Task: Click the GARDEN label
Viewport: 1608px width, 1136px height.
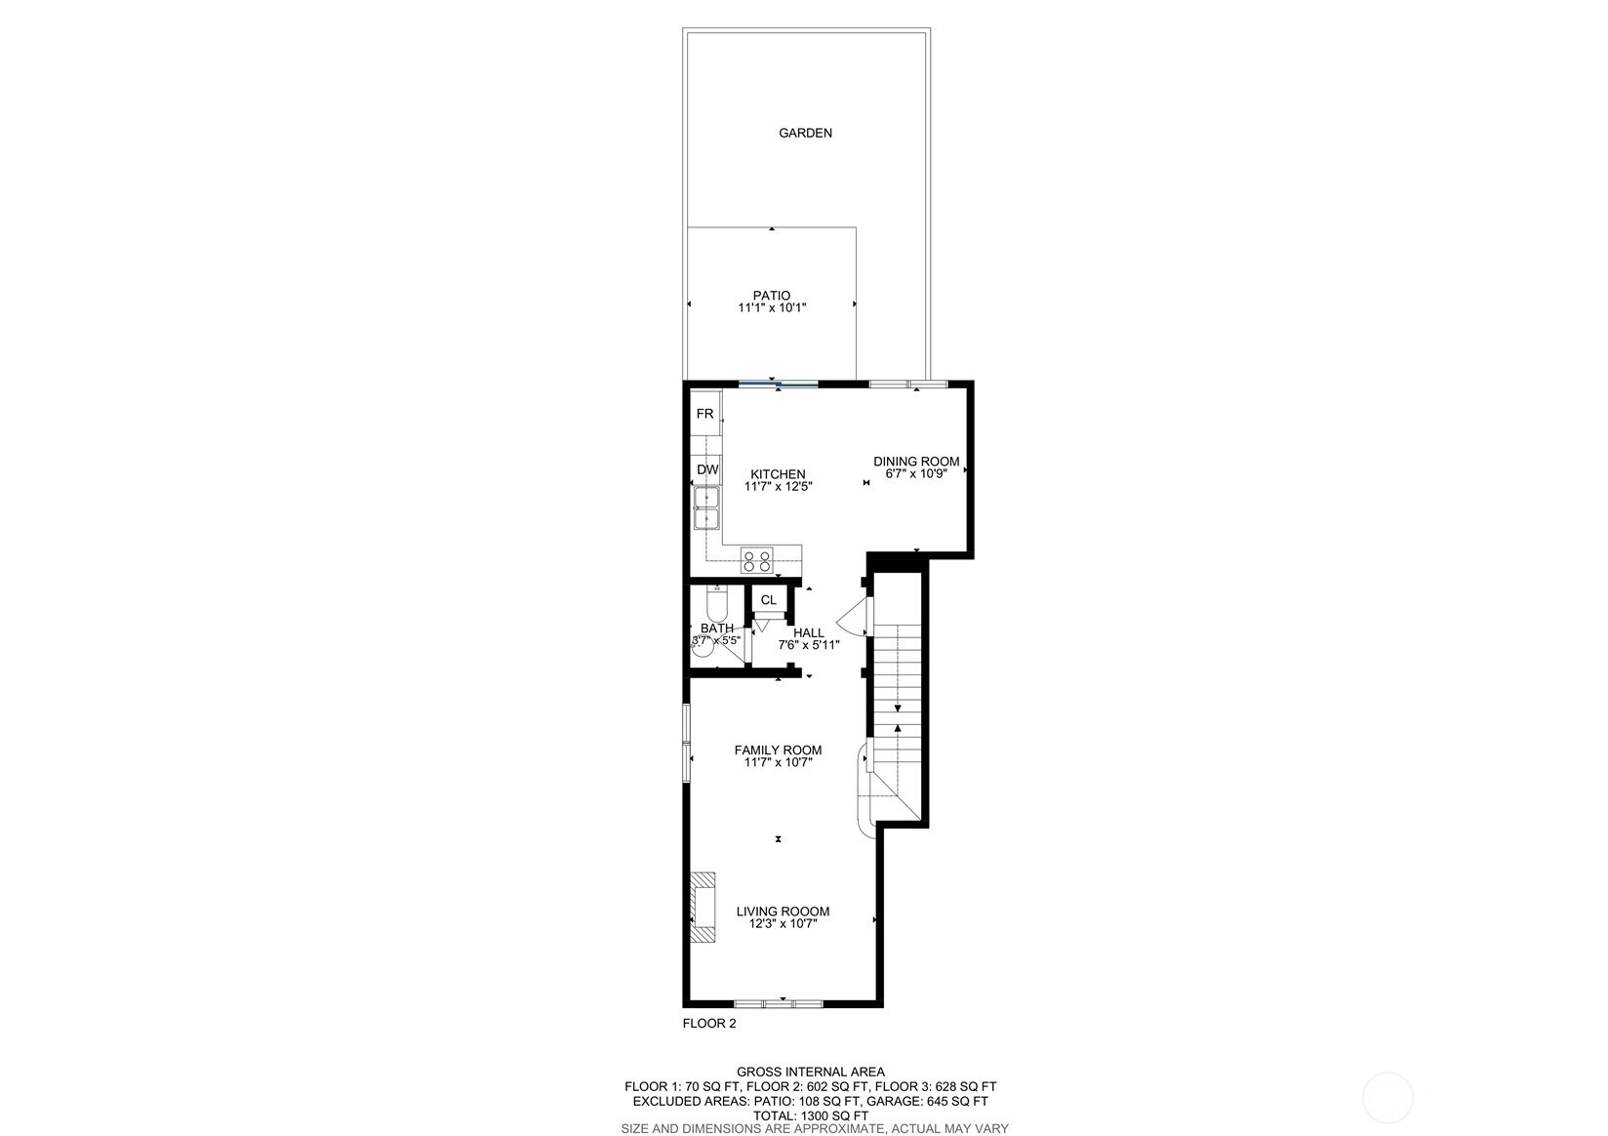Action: click(x=805, y=133)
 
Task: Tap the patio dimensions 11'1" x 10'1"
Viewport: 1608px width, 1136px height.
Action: click(x=772, y=308)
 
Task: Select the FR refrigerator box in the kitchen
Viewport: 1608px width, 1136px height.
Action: click(x=705, y=414)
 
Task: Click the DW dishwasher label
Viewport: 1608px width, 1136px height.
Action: click(x=707, y=470)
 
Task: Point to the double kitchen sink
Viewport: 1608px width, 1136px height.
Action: click(x=706, y=509)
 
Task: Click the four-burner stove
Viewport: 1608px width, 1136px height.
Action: click(x=756, y=560)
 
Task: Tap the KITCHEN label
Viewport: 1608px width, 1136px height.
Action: click(x=778, y=474)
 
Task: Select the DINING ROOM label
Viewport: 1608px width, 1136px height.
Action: click(x=916, y=462)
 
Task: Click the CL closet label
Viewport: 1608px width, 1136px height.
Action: click(x=769, y=600)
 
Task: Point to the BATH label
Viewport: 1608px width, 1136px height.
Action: click(x=717, y=629)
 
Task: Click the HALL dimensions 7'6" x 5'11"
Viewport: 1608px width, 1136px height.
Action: click(x=808, y=645)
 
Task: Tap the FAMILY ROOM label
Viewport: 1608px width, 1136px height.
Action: click(x=778, y=751)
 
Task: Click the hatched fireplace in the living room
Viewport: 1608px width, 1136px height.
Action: click(x=703, y=907)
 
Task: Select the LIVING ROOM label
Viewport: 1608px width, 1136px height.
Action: click(x=783, y=912)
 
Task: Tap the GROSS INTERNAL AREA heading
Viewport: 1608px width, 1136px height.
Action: click(x=810, y=1072)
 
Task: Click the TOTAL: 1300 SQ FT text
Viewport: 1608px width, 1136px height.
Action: click(x=810, y=1116)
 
